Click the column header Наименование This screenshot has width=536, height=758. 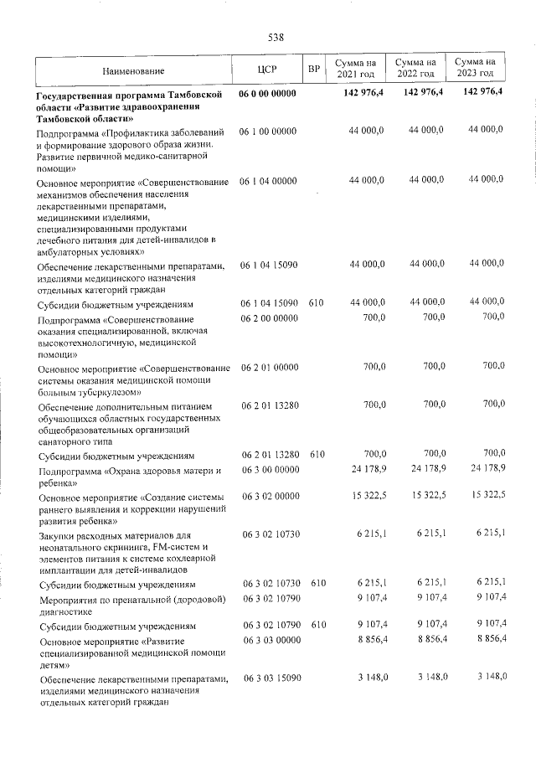134,70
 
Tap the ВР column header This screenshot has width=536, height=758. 314,70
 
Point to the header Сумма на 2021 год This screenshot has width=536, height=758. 355,70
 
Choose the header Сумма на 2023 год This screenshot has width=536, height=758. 475,70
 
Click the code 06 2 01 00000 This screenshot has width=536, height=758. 269,367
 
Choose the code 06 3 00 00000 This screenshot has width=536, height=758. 269,472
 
